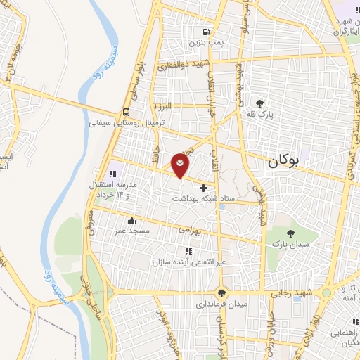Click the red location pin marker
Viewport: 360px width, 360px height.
click(181, 165)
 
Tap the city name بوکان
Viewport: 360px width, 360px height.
click(284, 161)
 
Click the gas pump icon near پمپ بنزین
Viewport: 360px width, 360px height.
click(205, 32)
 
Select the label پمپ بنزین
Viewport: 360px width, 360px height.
click(205, 43)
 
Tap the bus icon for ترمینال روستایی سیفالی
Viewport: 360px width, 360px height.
click(126, 112)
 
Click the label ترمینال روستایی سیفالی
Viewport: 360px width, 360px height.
click(127, 122)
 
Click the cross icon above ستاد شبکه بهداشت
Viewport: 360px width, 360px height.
click(204, 188)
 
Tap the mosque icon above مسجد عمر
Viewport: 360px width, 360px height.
click(131, 221)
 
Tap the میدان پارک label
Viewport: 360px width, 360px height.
click(292, 243)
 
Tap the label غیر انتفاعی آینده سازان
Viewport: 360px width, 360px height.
click(187, 262)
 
